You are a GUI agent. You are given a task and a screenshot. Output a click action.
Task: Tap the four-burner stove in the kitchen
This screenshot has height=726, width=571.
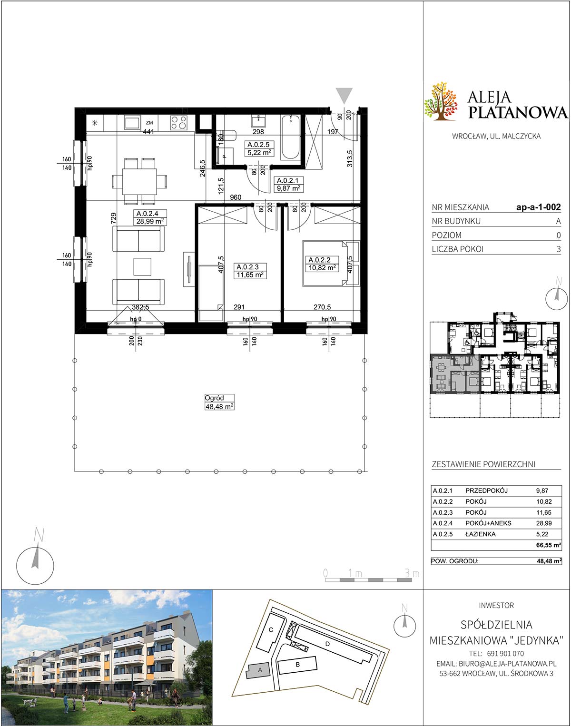(179, 122)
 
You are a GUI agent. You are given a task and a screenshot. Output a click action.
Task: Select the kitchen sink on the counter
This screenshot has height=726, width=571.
(133, 122)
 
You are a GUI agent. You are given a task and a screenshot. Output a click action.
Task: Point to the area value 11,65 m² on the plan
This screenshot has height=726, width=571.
(250, 275)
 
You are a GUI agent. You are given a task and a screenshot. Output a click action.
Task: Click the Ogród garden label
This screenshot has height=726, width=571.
(214, 398)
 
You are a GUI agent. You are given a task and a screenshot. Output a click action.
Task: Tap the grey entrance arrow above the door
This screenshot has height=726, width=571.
(344, 96)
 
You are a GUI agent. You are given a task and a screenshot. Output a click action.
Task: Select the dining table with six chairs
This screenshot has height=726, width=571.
(139, 181)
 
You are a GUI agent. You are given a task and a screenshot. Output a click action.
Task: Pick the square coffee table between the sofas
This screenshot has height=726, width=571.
(142, 266)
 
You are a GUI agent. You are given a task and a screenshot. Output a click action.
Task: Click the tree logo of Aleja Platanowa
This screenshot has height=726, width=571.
(441, 100)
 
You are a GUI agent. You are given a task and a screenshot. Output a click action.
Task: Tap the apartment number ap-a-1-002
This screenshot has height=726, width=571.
(539, 207)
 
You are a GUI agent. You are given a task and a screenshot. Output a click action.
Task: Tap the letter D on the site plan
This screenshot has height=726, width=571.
(327, 644)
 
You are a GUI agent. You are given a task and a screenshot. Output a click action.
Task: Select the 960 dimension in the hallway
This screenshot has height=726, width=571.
(236, 197)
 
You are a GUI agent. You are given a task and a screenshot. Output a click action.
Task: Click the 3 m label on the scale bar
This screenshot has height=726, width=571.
(412, 573)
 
